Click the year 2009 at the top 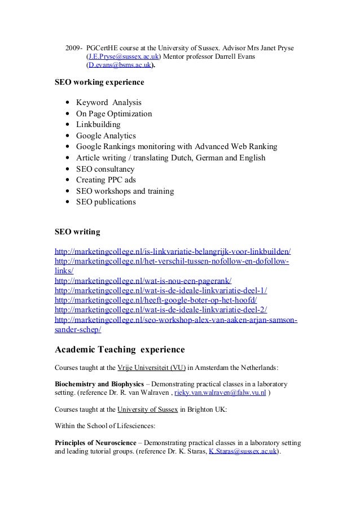(x=73, y=46)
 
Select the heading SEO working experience (x=99, y=82)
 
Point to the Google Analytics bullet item (x=106, y=136)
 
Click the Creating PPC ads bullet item (x=106, y=180)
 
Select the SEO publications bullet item (x=106, y=202)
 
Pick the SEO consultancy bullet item (x=106, y=169)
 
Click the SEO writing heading (x=77, y=232)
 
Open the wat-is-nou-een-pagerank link (x=143, y=281)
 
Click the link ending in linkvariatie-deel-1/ (x=161, y=290)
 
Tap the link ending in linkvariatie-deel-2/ (x=161, y=310)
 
